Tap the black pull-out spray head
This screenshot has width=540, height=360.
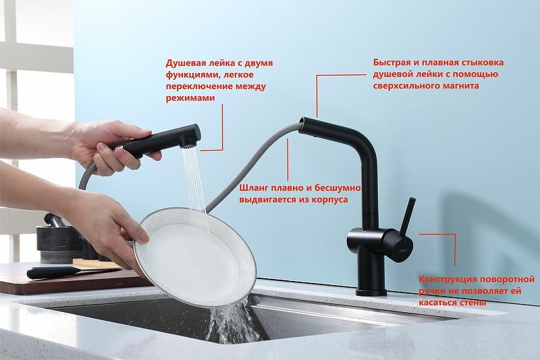point(161,140)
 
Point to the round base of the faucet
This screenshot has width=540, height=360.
point(371,292)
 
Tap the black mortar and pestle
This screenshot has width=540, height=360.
point(57,238)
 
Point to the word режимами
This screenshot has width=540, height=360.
point(190,98)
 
